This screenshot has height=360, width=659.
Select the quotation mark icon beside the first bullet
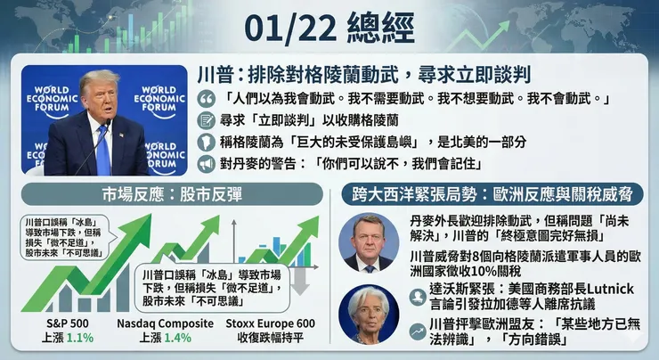point(207,98)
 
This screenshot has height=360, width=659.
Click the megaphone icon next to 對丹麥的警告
point(207,165)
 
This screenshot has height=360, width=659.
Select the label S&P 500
point(67,323)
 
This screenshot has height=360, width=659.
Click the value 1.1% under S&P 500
point(79,339)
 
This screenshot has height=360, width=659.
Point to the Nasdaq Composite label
point(166,323)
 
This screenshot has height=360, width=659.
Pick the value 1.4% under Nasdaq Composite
point(178,339)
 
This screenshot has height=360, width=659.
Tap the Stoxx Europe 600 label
point(271,323)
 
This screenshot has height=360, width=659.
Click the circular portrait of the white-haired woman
point(369,311)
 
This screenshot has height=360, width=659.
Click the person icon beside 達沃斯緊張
point(416,296)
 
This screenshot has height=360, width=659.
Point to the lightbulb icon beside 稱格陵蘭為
point(207,143)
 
